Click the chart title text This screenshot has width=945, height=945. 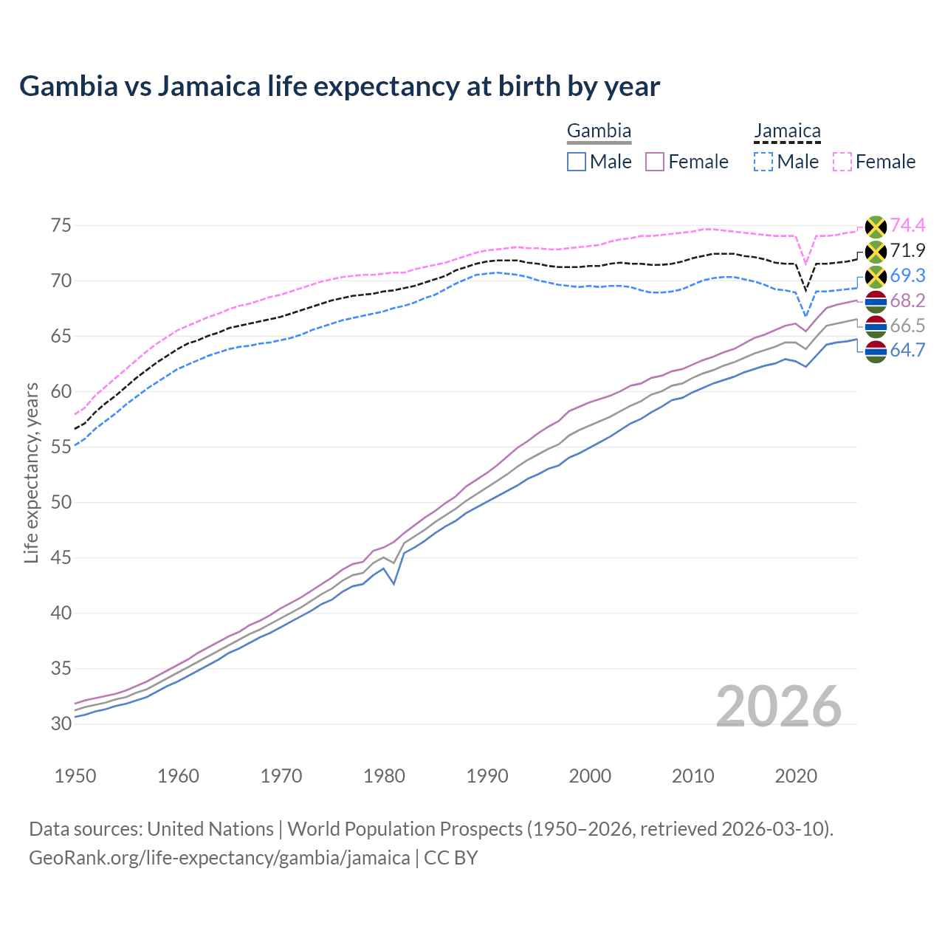pos(340,86)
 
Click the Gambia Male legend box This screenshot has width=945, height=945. pos(577,162)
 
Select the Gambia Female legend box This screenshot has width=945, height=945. pos(656,162)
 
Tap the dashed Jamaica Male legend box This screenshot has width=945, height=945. pos(764,162)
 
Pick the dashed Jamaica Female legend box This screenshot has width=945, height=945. pos(842,162)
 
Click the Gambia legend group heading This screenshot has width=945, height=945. pos(599,131)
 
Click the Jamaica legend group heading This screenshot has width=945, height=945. pos(787,131)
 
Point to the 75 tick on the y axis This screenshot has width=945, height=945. pos(61,225)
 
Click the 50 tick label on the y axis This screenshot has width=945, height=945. pos(61,502)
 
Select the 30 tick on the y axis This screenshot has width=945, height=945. pos(61,724)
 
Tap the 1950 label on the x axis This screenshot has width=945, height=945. pos(75,776)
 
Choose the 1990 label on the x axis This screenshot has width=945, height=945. pos(487,776)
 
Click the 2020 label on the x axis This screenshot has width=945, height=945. pos(796,776)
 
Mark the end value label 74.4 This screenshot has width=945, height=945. pos(907,225)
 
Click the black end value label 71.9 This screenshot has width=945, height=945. pos(907,250)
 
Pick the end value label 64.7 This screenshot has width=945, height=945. pos(907,351)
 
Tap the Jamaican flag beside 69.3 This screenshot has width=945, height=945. pos(876,277)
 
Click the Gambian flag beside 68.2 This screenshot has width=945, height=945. pos(876,301)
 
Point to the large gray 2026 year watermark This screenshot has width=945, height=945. pos(779,707)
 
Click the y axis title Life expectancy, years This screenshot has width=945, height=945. pos(32,472)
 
